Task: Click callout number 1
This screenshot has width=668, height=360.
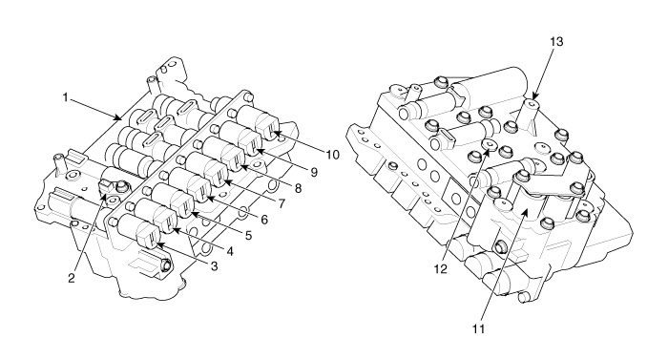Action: click(65, 97)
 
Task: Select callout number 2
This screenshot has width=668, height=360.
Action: click(72, 278)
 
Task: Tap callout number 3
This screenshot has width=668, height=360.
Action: click(215, 266)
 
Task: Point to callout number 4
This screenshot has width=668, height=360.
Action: click(230, 251)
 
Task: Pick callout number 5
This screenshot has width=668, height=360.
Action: click(247, 236)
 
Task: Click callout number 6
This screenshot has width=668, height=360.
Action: click(264, 220)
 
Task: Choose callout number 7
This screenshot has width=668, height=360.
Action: click(282, 204)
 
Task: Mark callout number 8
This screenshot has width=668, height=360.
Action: click(298, 188)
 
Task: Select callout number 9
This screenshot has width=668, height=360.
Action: click(314, 172)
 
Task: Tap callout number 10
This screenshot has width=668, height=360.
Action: click(333, 155)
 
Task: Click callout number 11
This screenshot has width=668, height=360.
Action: click(478, 328)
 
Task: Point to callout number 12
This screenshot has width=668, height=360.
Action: click(441, 269)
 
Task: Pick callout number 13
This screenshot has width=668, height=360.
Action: click(556, 41)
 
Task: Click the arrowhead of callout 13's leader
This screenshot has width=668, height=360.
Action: click(533, 97)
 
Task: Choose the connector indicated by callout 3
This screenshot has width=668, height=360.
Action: click(148, 240)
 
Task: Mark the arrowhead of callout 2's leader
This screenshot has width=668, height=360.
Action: click(103, 196)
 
